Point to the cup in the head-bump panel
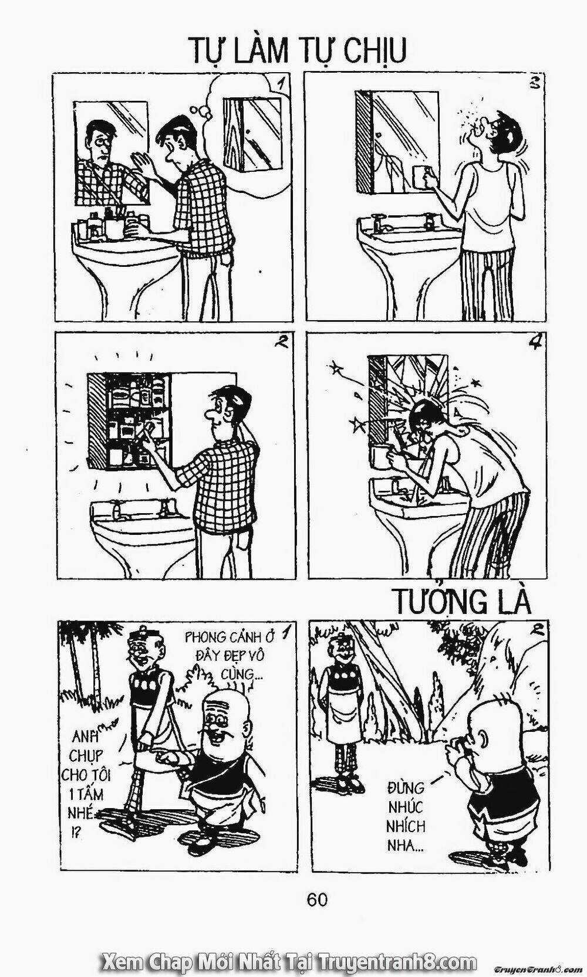[381, 457]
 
